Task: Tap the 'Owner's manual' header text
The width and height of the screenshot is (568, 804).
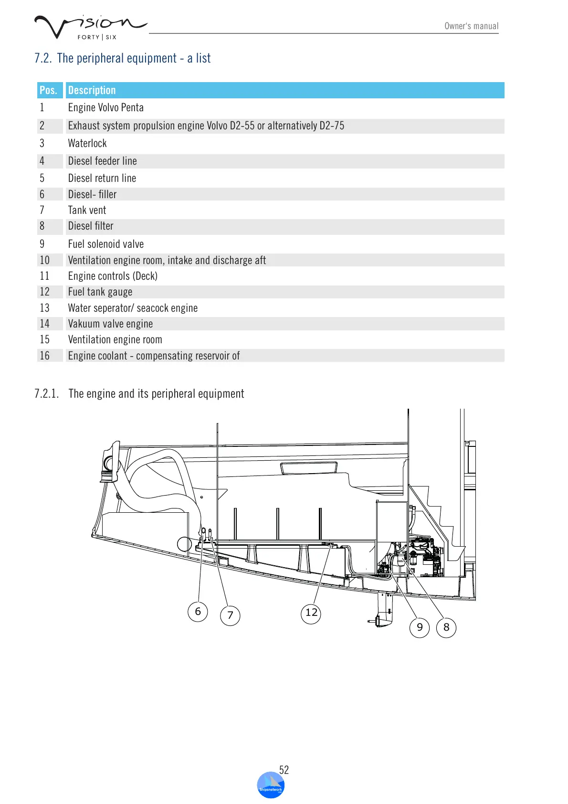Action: (x=471, y=26)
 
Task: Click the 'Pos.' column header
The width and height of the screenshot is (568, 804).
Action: (x=48, y=90)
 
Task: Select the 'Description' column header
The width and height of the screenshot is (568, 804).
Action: (x=92, y=90)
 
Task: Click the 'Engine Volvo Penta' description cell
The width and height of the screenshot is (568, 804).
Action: (x=105, y=108)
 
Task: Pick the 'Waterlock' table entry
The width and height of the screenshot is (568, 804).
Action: (x=87, y=143)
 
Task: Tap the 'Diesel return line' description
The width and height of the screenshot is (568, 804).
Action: (x=102, y=178)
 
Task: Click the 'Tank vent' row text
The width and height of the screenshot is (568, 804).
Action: (x=87, y=210)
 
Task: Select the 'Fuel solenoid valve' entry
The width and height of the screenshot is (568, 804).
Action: (x=105, y=244)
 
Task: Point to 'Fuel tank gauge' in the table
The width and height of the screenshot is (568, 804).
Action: (x=100, y=292)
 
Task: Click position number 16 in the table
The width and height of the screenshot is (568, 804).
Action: (x=44, y=356)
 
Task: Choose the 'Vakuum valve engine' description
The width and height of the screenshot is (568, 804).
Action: (x=110, y=324)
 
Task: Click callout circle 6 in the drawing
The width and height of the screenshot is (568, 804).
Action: (x=198, y=612)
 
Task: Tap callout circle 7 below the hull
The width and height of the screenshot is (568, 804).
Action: (x=230, y=615)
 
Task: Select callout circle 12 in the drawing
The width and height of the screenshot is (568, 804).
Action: (x=311, y=613)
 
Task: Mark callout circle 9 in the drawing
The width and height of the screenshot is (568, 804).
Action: (x=420, y=627)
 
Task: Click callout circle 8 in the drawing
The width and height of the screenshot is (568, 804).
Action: (x=446, y=627)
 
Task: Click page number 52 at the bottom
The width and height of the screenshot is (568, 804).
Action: (x=284, y=770)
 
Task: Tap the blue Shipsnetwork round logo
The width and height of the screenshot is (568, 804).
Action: (x=271, y=785)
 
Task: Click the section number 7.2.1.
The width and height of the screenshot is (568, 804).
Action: (x=47, y=394)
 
